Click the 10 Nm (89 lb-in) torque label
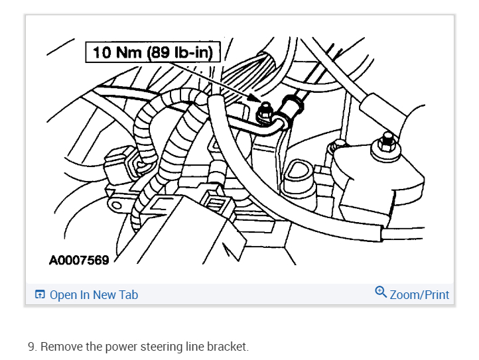152,52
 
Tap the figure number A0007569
79,260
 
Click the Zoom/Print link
419,294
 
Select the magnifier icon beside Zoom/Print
381,292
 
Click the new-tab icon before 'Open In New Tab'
40,294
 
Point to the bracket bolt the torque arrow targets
264,112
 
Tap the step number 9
31,347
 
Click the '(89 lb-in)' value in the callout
181,52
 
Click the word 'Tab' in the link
127,294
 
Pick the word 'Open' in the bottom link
63,294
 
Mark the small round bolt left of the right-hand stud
339,144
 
